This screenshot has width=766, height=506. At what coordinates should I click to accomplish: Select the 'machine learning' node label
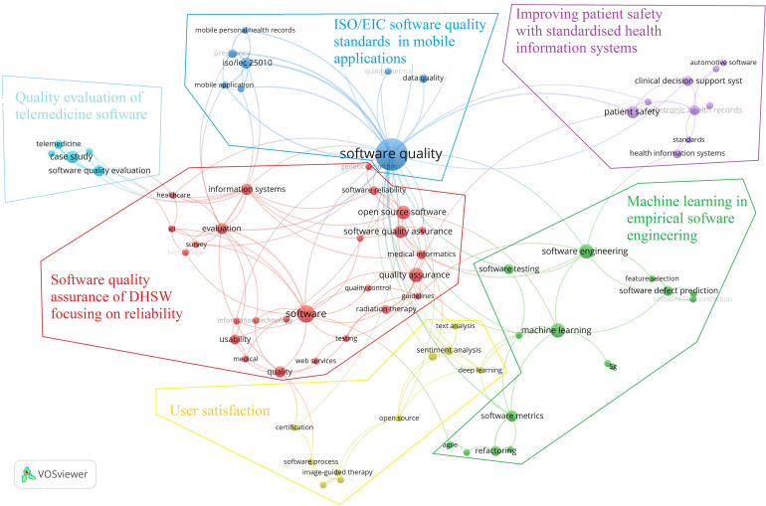click(x=557, y=330)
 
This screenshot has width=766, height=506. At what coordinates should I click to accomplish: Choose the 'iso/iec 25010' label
click(x=248, y=63)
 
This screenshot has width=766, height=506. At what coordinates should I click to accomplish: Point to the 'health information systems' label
click(x=677, y=152)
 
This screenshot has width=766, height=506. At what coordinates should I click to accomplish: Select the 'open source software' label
click(x=402, y=212)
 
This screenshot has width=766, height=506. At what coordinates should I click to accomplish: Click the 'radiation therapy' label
click(x=386, y=309)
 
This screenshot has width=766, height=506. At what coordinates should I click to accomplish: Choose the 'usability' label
click(x=235, y=339)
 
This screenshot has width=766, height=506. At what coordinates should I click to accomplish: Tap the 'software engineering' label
click(x=585, y=251)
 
